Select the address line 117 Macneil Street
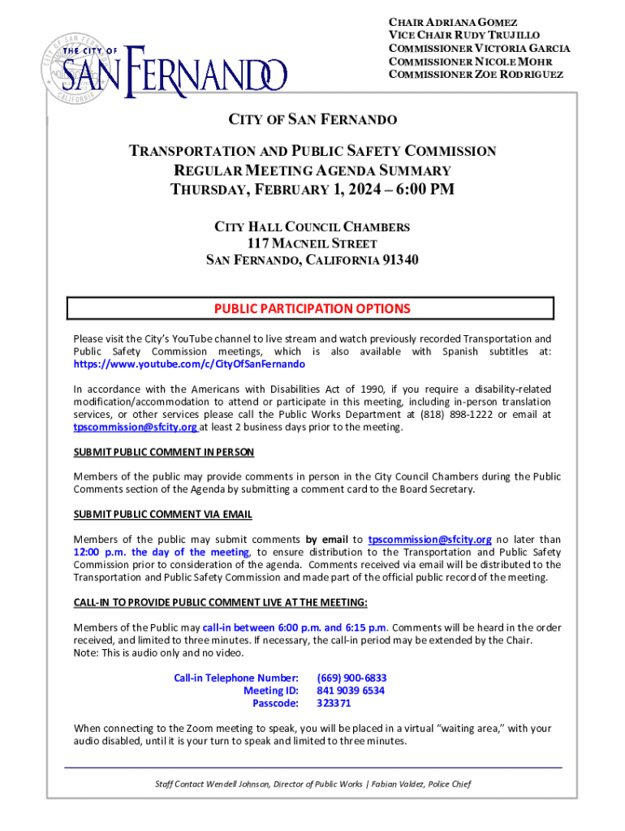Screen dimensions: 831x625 (312, 243)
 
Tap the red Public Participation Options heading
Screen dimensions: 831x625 (312, 309)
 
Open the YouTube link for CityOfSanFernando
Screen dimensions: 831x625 (189, 365)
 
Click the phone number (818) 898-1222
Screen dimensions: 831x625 (459, 415)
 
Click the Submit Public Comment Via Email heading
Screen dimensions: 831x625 (163, 515)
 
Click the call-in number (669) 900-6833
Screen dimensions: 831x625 (351, 678)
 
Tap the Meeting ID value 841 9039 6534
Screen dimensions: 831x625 (351, 691)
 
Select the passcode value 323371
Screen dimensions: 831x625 (334, 704)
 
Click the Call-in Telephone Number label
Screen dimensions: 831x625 (236, 678)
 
